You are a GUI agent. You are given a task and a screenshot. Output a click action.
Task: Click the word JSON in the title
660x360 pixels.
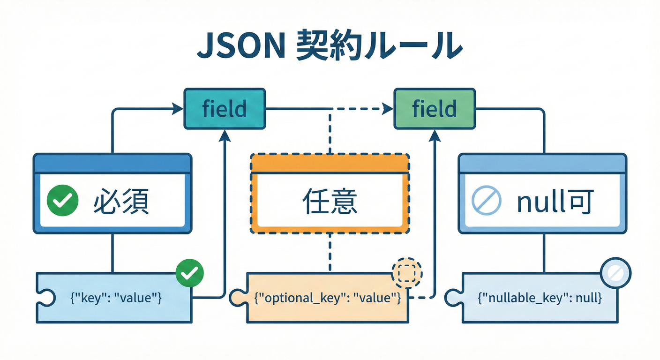coord(240,46)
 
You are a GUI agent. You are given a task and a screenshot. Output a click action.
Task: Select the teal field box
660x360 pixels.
coord(225,109)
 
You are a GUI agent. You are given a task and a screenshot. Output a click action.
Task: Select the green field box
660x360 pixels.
coord(434,109)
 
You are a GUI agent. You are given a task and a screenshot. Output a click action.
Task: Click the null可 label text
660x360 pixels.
coord(555,202)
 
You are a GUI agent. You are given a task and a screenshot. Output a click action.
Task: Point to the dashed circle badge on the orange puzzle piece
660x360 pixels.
coord(406,271)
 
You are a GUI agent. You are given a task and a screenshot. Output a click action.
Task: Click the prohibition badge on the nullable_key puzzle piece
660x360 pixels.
coord(615,271)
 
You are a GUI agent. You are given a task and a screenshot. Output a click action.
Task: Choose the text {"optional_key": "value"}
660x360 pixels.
coord(327,298)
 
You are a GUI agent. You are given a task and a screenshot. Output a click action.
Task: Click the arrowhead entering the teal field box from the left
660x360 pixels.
coord(178,109)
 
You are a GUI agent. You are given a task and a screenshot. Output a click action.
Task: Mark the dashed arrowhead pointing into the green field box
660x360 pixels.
coord(388,109)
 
